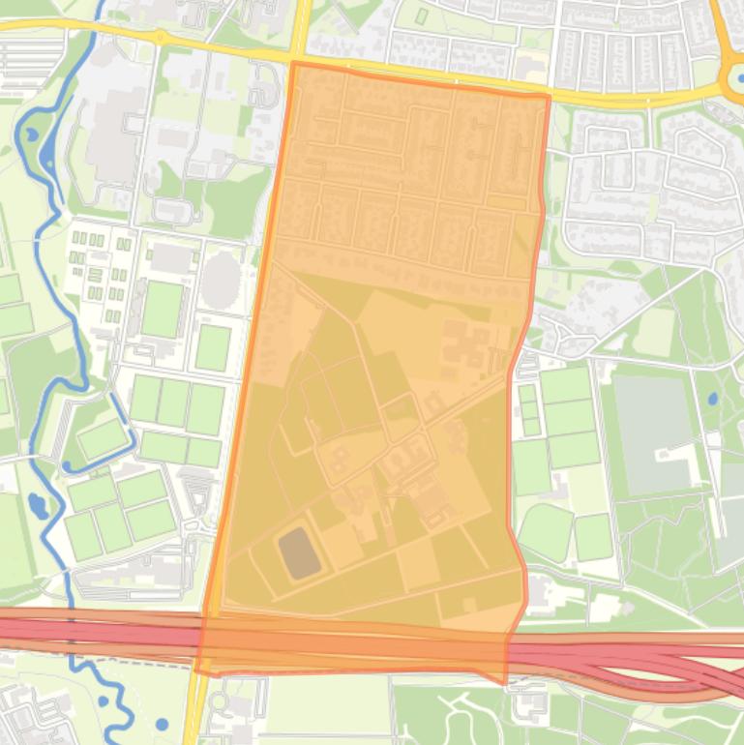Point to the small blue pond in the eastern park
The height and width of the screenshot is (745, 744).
(x=713, y=398)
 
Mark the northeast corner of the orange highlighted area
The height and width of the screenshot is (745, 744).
(x=549, y=96)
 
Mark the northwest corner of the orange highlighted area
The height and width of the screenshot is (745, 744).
(x=292, y=64)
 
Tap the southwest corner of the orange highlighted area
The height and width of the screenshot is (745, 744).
(x=197, y=670)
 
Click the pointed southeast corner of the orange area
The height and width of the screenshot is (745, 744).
(x=504, y=682)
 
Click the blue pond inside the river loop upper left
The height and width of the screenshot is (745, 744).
(x=29, y=134)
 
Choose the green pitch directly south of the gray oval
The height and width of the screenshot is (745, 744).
(x=213, y=347)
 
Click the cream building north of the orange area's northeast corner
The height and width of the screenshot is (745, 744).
(x=530, y=68)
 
